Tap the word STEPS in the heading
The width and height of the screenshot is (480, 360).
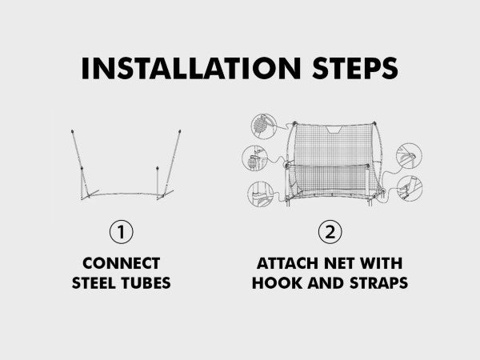pos(355,68)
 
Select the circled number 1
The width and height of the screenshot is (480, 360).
pos(122,232)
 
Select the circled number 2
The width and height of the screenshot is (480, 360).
pos(330,232)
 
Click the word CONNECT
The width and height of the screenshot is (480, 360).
pos(122,263)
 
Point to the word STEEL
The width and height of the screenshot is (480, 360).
pos(93,283)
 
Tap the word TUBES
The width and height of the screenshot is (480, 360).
pos(146,283)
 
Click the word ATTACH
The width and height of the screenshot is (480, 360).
pos(286,263)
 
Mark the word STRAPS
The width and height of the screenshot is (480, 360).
pos(378,283)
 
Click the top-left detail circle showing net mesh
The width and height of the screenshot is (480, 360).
pos(263,126)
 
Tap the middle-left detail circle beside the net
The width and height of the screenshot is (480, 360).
pos(254,158)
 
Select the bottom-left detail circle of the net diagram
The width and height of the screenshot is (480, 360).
pos(261,194)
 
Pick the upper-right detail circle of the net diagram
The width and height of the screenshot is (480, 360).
pos(409,156)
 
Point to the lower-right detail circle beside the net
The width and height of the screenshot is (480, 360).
pos(410,189)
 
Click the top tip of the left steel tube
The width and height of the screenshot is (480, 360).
pos(72,131)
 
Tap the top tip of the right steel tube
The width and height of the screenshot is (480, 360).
pos(180,131)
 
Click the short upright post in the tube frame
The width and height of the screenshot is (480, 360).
pos(158,182)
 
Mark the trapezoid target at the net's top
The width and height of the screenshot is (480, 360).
pos(334,130)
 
